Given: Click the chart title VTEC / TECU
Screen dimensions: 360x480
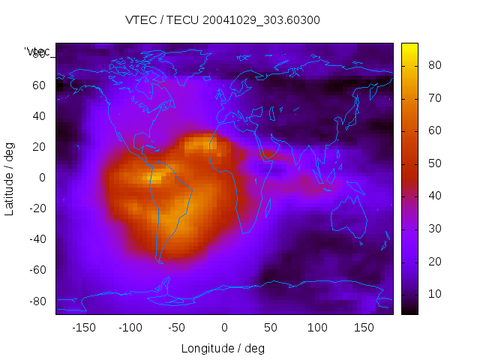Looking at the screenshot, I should tap(222, 20).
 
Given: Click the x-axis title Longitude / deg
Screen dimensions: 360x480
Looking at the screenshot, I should tap(223, 348).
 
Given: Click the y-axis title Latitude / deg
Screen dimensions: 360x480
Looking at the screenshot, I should tap(10, 178).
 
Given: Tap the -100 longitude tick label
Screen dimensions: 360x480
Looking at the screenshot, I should tap(130, 328).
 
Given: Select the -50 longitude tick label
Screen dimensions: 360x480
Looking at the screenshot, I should tap(177, 328).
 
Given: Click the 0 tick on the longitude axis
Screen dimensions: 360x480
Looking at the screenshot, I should tap(224, 328).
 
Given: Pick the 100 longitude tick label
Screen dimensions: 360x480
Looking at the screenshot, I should tap(317, 328).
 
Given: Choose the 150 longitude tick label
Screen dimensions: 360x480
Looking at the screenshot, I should tap(364, 328).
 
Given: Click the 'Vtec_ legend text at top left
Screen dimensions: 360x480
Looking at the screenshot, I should tap(37, 52).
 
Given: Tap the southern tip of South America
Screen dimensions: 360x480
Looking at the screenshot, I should tap(160, 260).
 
